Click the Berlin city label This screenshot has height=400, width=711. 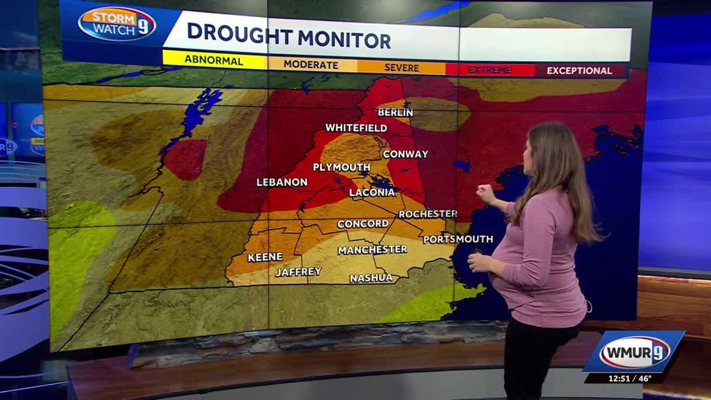(x=395, y=112)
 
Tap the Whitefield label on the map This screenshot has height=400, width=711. (x=356, y=128)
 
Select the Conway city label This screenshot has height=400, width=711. (x=405, y=154)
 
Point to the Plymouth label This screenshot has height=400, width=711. (x=341, y=167)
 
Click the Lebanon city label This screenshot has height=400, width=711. (x=282, y=183)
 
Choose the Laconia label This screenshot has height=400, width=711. (x=371, y=193)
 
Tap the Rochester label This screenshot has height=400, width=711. (x=427, y=214)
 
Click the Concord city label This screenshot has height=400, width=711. (x=363, y=224)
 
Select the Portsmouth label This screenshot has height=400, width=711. (x=458, y=239)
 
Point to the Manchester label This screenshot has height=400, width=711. (x=372, y=250)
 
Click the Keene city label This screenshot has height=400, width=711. (x=265, y=257)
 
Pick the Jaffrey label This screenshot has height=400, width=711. (x=298, y=272)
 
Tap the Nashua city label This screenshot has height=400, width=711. (x=371, y=278)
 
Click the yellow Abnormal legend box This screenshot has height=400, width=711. (x=214, y=60)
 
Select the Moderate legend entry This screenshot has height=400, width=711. (x=312, y=64)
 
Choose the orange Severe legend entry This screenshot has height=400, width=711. (x=402, y=67)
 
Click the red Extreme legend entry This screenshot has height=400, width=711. (x=489, y=70)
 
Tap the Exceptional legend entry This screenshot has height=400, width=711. (x=579, y=71)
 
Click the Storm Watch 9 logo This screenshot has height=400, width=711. (x=117, y=24)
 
